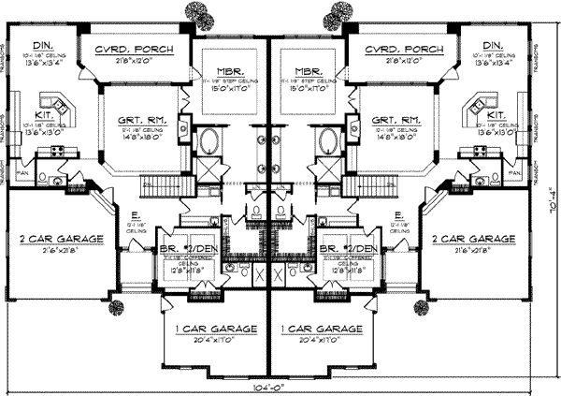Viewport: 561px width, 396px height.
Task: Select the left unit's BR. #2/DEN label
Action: click(188, 249)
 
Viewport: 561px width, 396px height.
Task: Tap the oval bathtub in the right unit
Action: click(328, 141)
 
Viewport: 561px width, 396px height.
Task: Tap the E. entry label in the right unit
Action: click(399, 214)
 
